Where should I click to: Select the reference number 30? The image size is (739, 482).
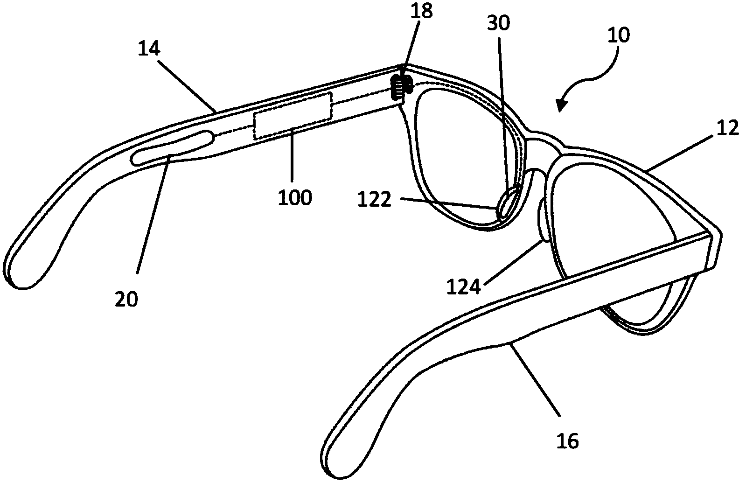(499, 23)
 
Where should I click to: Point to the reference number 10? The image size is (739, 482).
(618, 35)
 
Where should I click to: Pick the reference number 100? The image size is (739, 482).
(294, 197)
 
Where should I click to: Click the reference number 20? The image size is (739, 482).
(126, 299)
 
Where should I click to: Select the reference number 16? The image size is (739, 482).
(567, 440)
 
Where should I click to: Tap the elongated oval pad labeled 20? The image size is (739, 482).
(172, 147)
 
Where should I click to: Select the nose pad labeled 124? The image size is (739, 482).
(543, 218)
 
